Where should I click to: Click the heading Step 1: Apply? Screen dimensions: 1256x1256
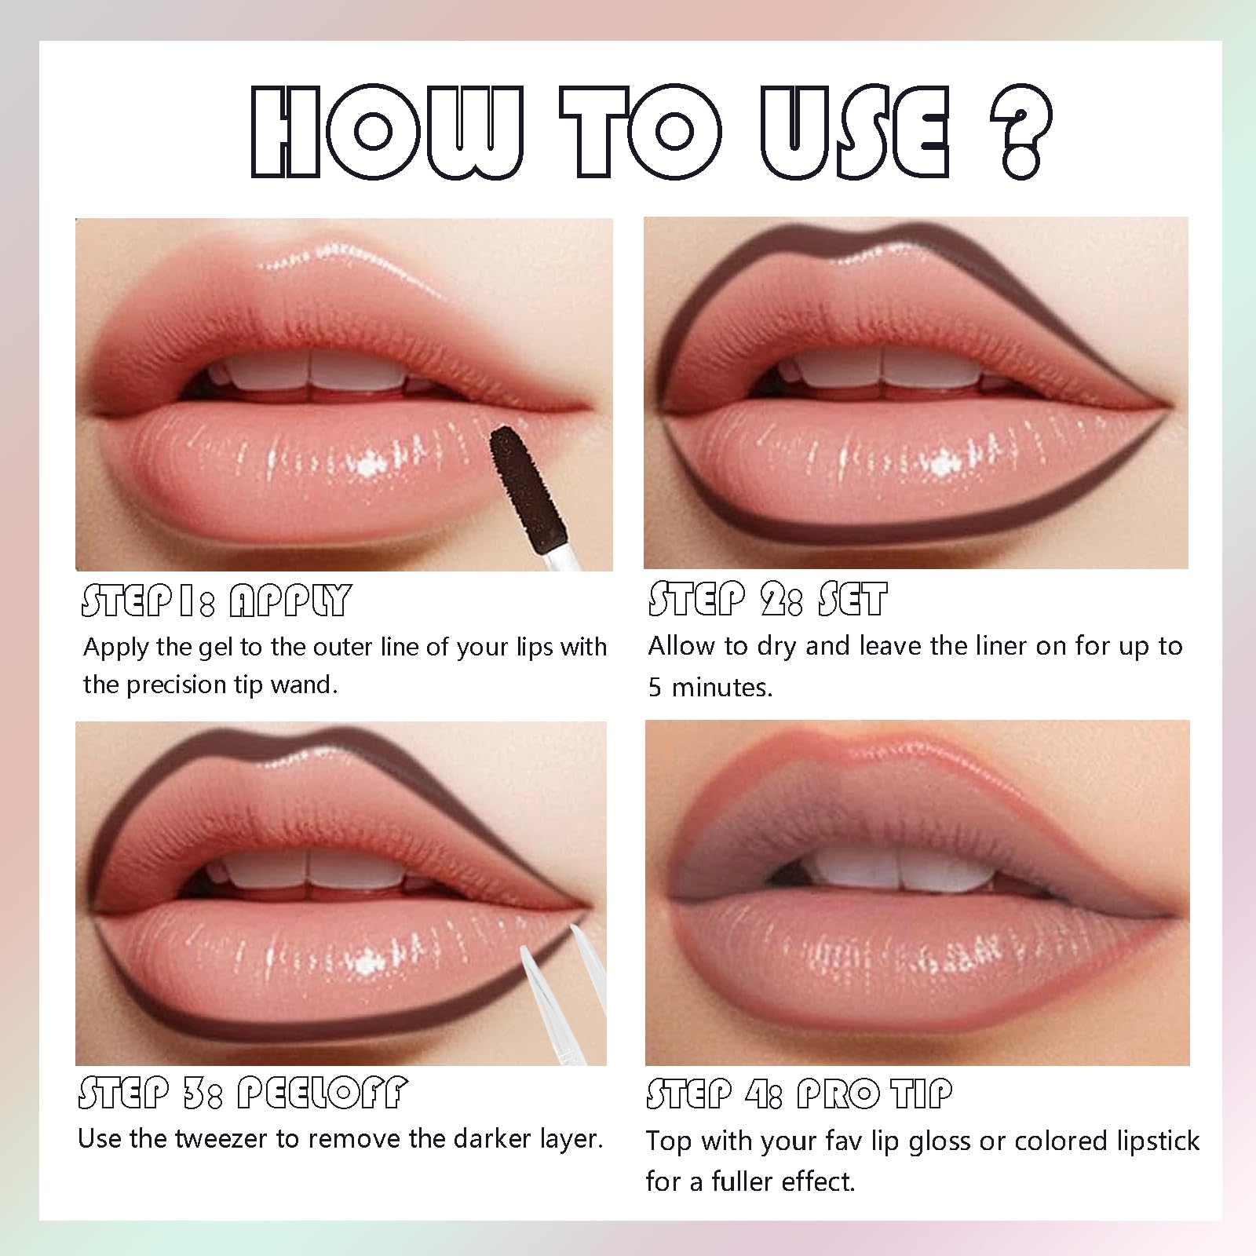pos(216,601)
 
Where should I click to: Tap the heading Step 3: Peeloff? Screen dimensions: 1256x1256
pos(243,1093)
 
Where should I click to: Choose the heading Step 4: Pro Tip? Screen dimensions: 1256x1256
pos(799,1093)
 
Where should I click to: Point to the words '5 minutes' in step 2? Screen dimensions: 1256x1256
pos(710,687)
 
